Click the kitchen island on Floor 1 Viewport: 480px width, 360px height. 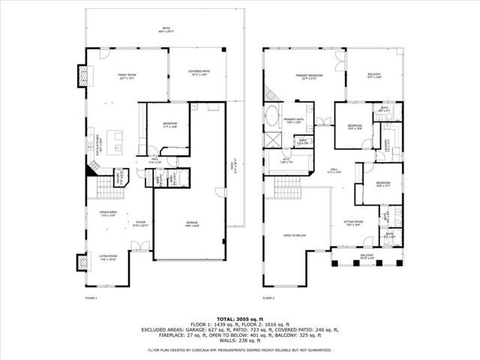(x=116, y=139)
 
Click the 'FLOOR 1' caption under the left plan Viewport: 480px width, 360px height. (x=91, y=298)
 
